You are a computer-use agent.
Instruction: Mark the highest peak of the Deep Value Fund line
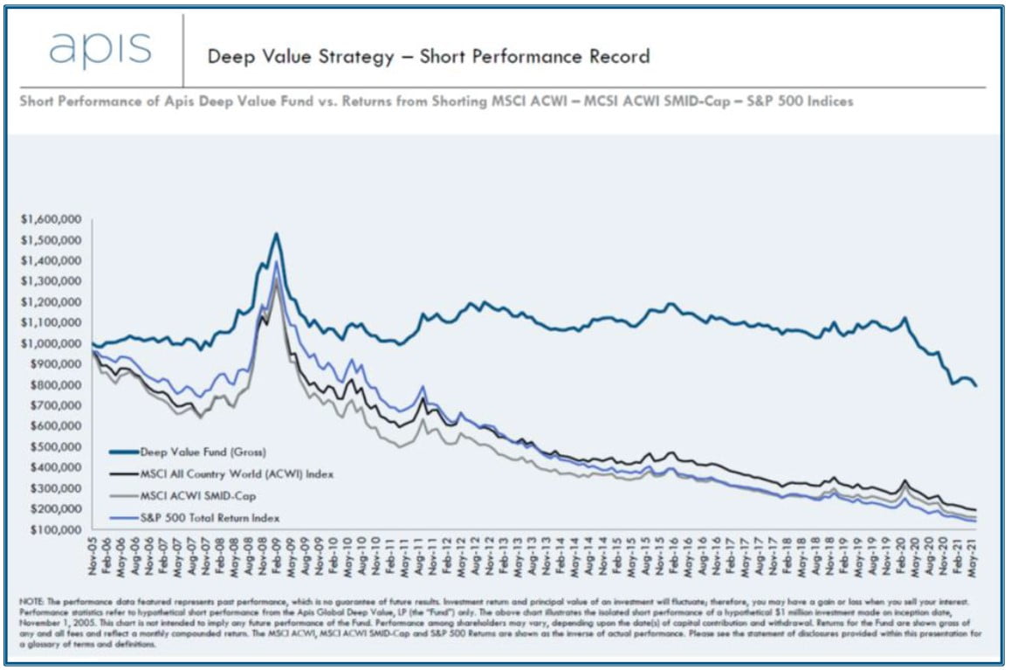[x=276, y=233]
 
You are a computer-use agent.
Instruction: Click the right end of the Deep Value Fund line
[x=976, y=385]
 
